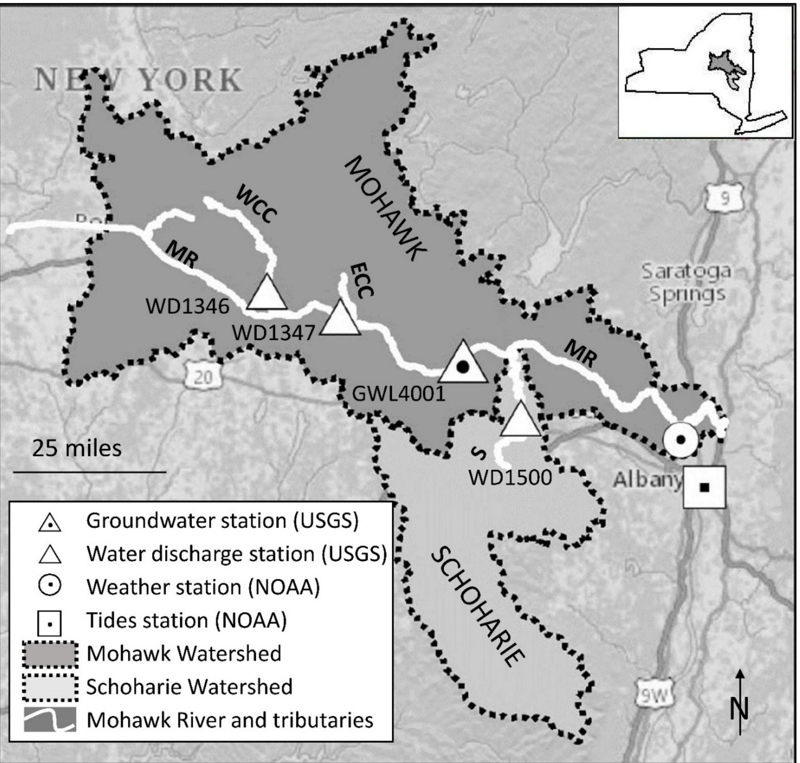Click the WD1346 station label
187,307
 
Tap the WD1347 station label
273,334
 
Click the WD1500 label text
510,477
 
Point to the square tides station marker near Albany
704,487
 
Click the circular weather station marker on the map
680,439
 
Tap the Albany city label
646,480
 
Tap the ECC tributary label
362,281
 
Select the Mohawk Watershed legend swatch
50,654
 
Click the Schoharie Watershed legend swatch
50,687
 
